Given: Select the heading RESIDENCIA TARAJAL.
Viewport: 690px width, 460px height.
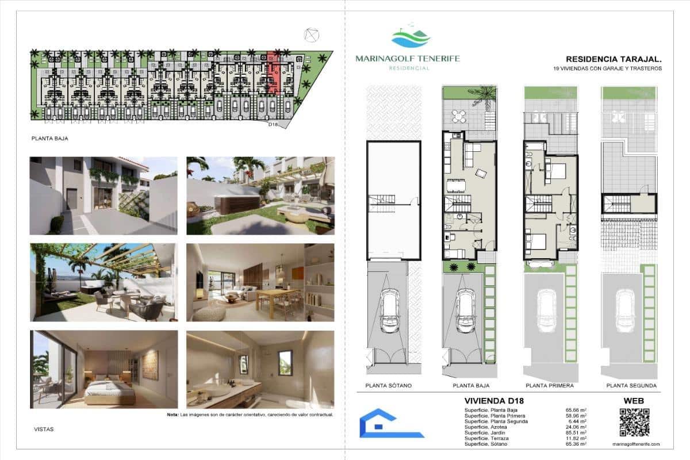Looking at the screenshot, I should (614, 59).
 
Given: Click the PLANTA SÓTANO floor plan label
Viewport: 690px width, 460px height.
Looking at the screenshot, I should (388, 386).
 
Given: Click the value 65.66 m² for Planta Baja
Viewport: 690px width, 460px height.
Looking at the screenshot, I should (576, 409).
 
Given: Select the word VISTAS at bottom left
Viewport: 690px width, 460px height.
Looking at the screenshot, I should (44, 429).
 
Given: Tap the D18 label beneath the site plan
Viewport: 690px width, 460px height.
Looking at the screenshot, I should (274, 124).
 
